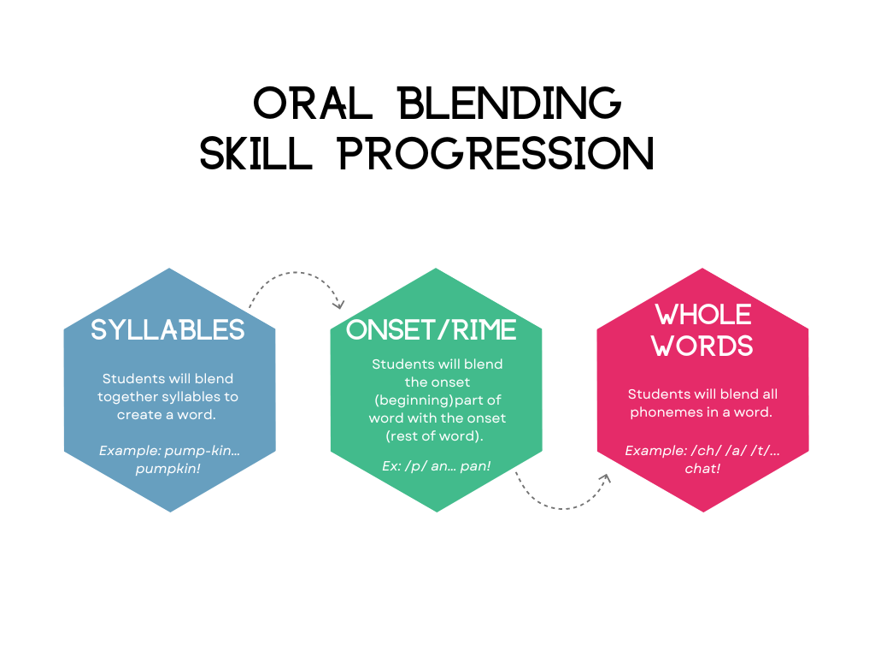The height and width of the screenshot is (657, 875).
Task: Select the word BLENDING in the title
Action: tap(511, 104)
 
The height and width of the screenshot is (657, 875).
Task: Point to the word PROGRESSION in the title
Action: tap(496, 154)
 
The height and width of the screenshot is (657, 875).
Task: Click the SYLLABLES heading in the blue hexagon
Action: tap(168, 330)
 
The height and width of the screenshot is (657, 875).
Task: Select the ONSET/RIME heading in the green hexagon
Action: tap(432, 330)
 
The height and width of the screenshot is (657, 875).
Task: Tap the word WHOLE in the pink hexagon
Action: tap(702, 315)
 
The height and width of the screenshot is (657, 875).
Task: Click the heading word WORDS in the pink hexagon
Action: tap(702, 346)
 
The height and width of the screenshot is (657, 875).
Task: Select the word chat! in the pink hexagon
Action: tap(702, 469)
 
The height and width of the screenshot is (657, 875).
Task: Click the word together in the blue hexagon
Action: tap(127, 396)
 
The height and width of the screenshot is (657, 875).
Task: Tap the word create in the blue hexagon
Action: tap(142, 414)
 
